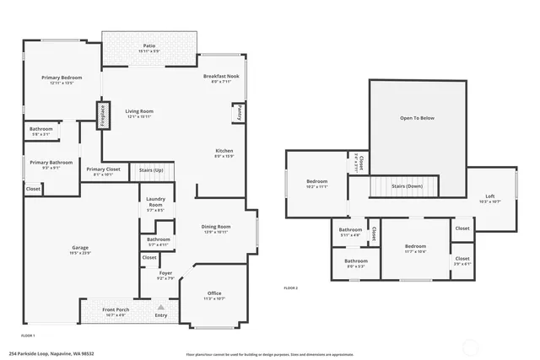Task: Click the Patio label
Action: pos(148,46)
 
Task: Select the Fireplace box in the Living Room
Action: pos(103,115)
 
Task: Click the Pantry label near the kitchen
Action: pos(238,112)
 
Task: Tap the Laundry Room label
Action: pos(155,203)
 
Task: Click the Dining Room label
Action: pos(217,228)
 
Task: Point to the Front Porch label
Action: pos(115,311)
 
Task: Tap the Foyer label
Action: pos(166,275)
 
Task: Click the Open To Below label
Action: pos(417,117)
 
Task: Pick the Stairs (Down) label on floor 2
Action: pos(408,186)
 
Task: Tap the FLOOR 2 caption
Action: pos(290,288)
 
